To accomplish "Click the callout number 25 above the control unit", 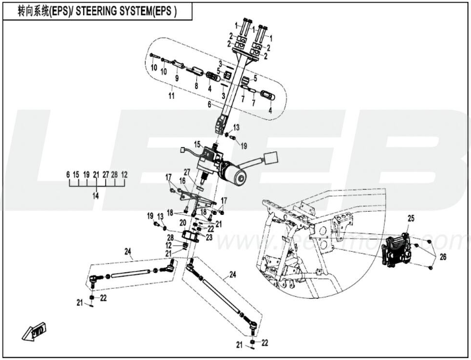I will pyautogui.click(x=410, y=218).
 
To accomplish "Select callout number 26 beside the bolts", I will pyautogui.click(x=443, y=256).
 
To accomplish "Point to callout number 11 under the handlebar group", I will pyautogui.click(x=171, y=96).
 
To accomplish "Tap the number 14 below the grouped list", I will pyautogui.click(x=96, y=196).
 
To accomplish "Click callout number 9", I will pyautogui.click(x=176, y=78).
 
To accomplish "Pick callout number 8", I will pyautogui.click(x=196, y=85).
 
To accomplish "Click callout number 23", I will pyautogui.click(x=210, y=237).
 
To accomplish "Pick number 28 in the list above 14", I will pyautogui.click(x=115, y=174).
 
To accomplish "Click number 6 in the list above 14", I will pyautogui.click(x=68, y=174).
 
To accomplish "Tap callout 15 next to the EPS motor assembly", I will pyautogui.click(x=197, y=144).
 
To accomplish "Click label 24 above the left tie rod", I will pyautogui.click(x=129, y=251).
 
